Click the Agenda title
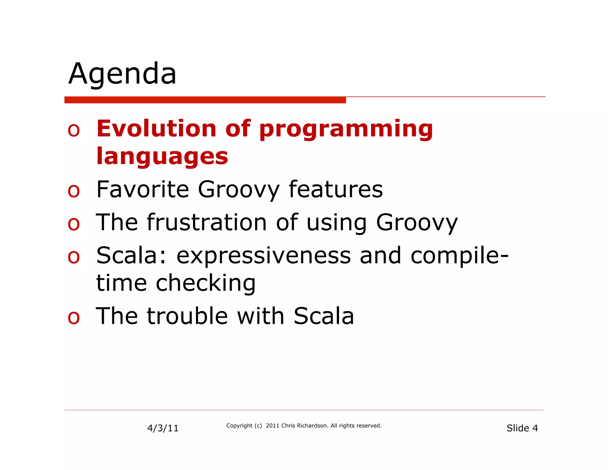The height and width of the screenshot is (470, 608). (122, 74)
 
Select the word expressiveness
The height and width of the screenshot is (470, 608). (263, 255)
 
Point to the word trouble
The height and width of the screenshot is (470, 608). (187, 316)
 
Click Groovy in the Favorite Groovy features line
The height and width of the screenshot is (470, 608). (239, 190)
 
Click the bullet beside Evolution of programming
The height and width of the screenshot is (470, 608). (74, 130)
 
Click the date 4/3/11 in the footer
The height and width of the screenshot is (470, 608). (163, 428)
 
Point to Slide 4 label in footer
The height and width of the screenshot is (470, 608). (522, 428)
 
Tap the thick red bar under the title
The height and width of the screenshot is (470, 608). (205, 100)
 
